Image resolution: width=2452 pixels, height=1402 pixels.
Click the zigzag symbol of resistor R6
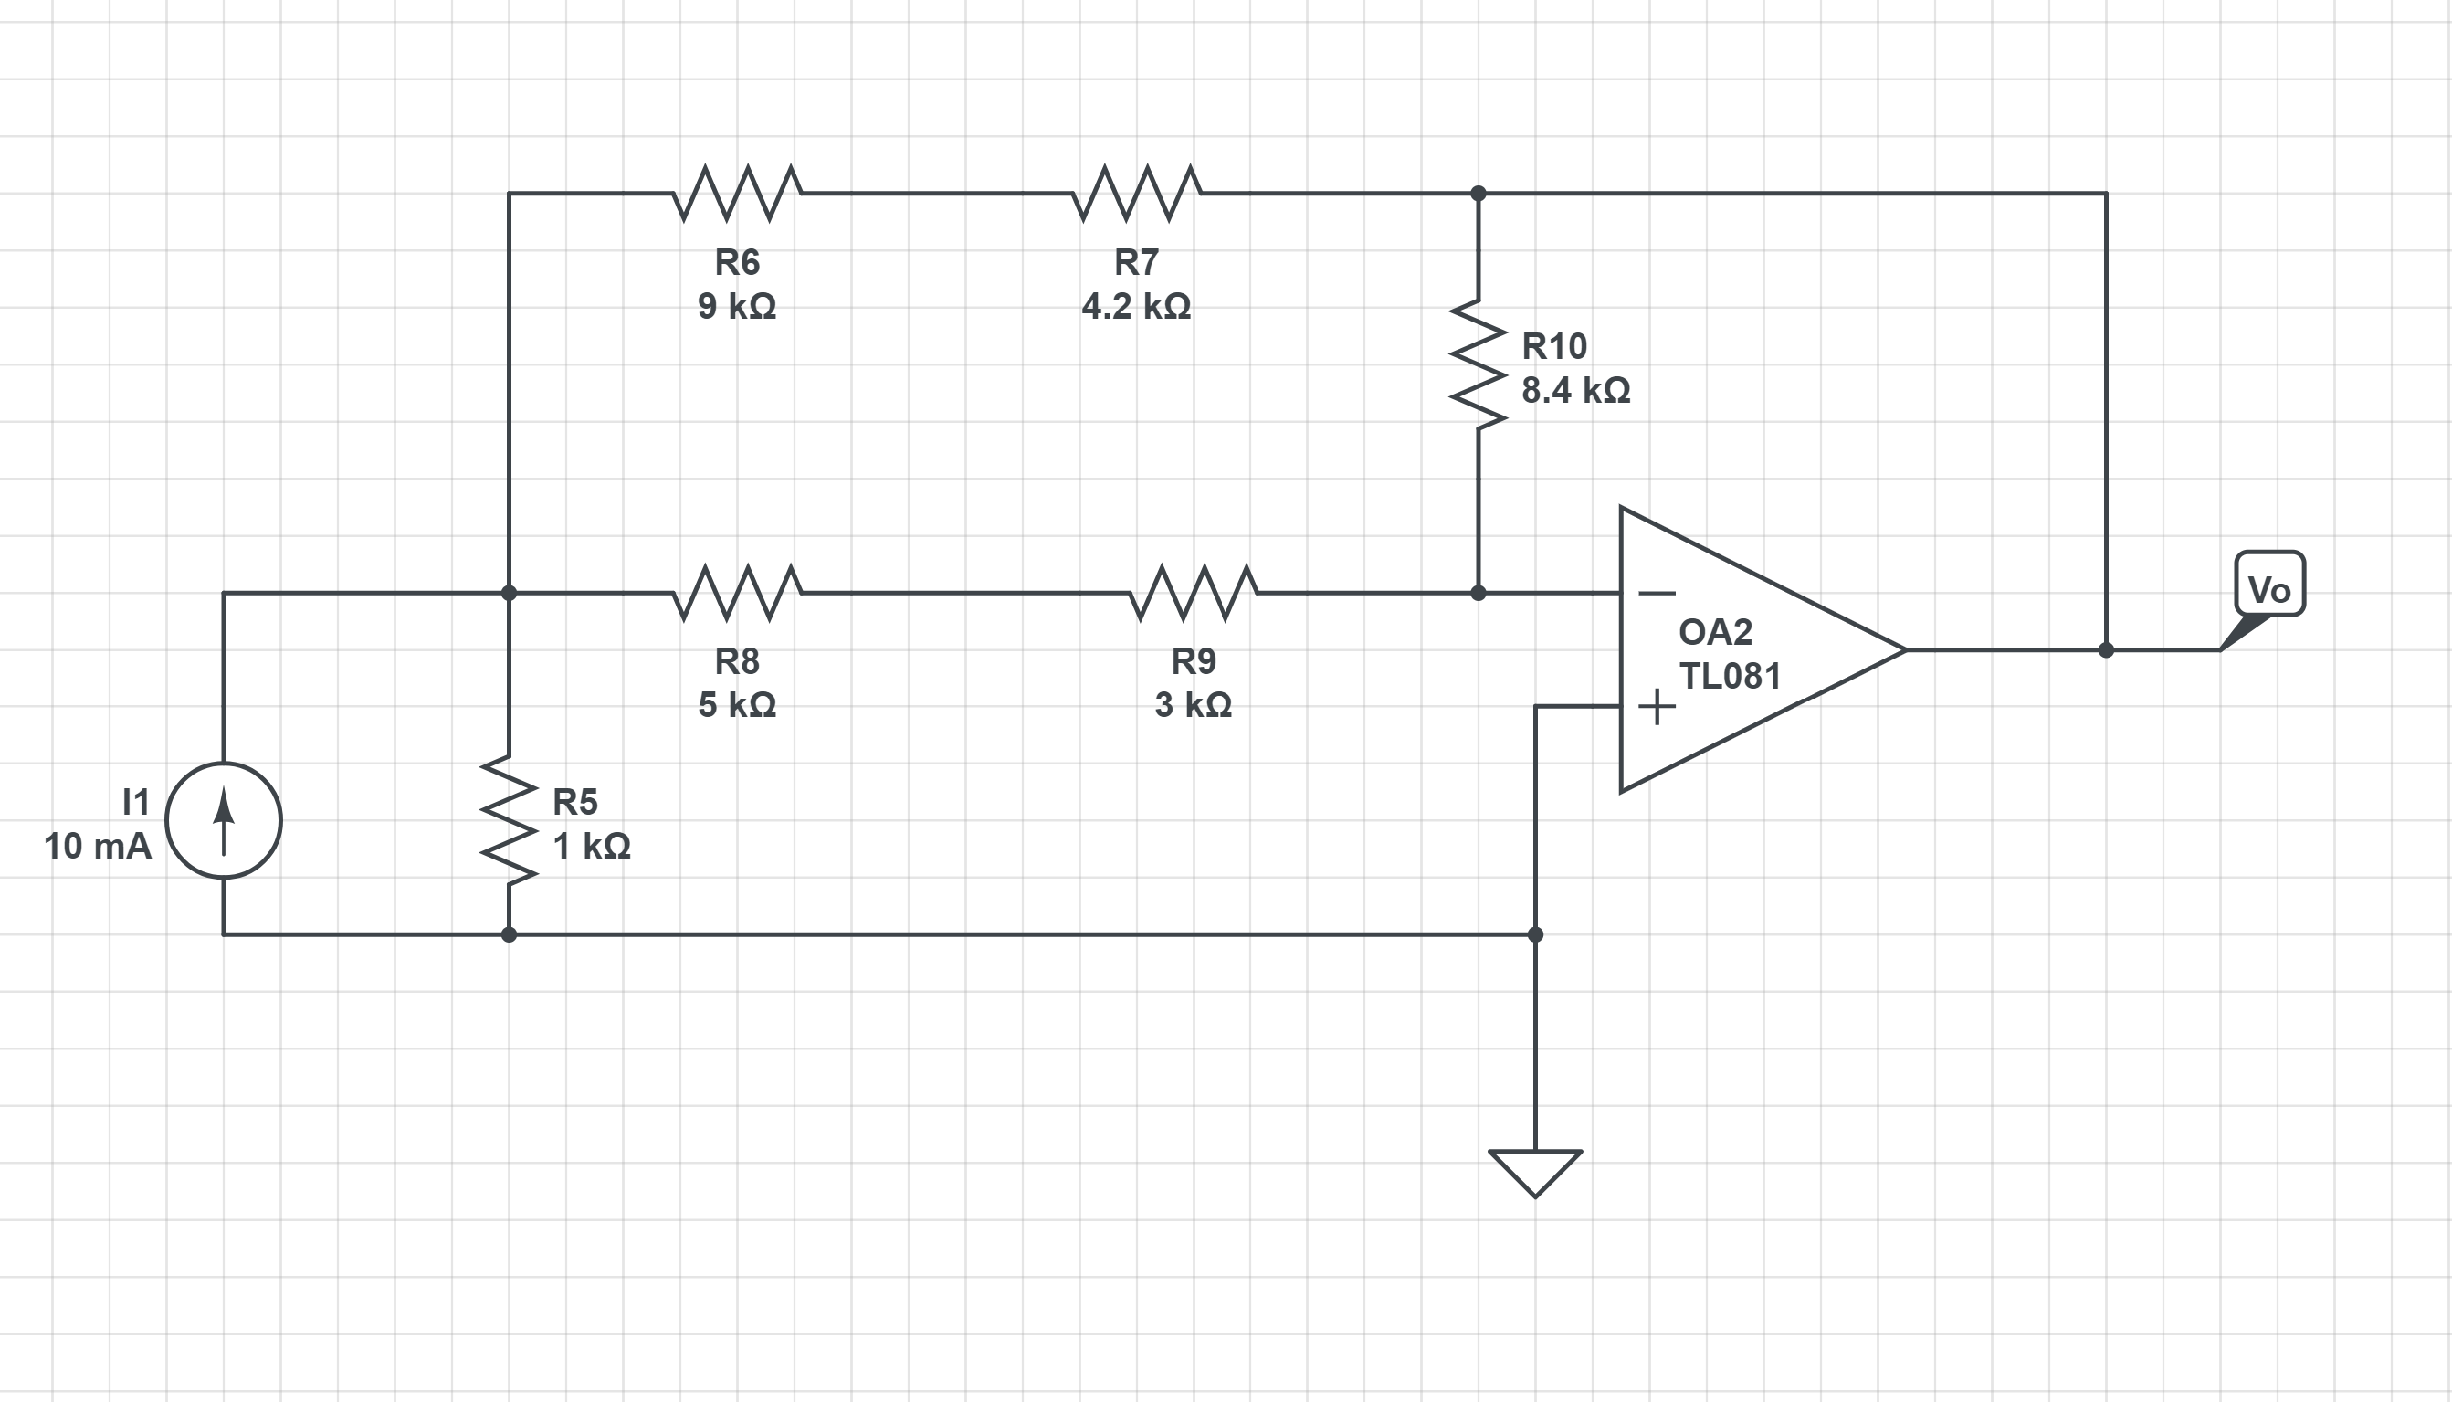pos(736,193)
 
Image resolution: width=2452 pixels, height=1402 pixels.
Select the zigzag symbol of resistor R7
pos(1136,193)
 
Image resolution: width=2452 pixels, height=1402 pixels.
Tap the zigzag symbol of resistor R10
pos(1478,364)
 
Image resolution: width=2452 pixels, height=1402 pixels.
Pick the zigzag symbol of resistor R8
pos(736,592)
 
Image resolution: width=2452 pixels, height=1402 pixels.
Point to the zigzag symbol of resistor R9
pos(1193,592)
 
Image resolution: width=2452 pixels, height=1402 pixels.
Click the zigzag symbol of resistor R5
pos(509,820)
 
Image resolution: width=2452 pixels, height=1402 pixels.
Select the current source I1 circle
pos(224,820)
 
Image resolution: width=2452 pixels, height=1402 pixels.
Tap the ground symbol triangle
pos(1534,1171)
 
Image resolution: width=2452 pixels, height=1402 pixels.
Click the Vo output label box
pos(2269,584)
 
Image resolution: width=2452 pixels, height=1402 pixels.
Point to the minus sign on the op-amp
pos(1656,593)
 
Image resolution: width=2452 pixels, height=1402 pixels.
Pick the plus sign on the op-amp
pos(1656,707)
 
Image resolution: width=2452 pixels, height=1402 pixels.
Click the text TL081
pos(1730,676)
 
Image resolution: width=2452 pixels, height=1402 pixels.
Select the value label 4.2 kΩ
pos(1136,306)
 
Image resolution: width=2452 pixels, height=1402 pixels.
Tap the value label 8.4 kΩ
pos(1575,390)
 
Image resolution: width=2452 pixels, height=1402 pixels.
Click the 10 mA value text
pos(97,847)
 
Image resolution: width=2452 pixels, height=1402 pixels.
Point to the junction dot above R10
pos(1478,194)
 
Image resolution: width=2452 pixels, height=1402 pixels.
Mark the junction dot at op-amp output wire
pos(2105,650)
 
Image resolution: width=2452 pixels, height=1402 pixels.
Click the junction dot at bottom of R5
pos(509,934)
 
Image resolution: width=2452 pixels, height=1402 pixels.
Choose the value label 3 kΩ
pos(1193,705)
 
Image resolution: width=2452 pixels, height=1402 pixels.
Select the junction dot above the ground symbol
pos(1534,934)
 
